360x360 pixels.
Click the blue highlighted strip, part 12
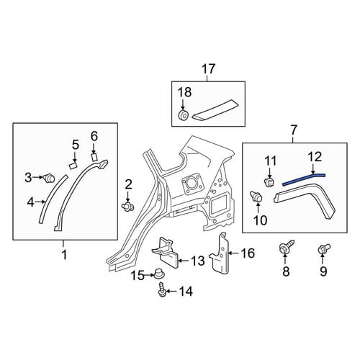tap(304, 179)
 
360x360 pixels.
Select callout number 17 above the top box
tap(208, 69)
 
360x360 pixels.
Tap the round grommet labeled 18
tap(184, 114)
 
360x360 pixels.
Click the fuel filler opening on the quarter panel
tap(192, 184)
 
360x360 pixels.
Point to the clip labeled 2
tap(127, 206)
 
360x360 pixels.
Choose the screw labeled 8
tap(287, 247)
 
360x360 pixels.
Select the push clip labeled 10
tap(256, 197)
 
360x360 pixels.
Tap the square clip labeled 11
tap(269, 182)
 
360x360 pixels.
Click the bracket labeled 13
tap(165, 253)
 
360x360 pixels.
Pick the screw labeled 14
tap(161, 289)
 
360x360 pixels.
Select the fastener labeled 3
tap(49, 179)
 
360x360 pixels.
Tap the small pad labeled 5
tap(73, 166)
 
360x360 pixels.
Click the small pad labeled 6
tap(94, 157)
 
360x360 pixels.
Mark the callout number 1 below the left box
tap(64, 255)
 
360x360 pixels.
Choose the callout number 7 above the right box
tap(293, 130)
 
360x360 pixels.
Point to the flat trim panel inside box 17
tap(215, 109)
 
